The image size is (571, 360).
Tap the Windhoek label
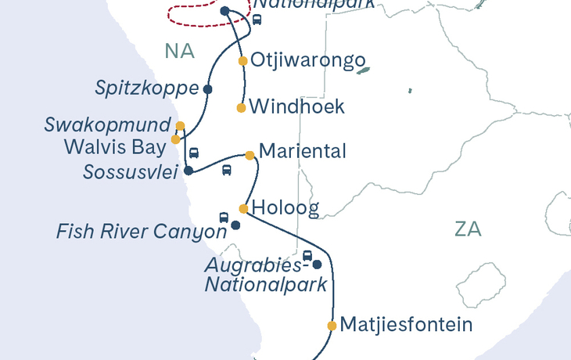(x=298, y=107)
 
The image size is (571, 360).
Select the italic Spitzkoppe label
(x=147, y=89)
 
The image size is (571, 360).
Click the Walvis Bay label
(x=117, y=145)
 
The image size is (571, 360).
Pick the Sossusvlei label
(x=131, y=171)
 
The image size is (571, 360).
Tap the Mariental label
(x=302, y=150)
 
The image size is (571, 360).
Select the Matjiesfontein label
(x=407, y=324)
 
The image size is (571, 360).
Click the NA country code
(x=179, y=52)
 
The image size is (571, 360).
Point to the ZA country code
(x=468, y=229)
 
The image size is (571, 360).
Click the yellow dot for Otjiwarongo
(x=243, y=61)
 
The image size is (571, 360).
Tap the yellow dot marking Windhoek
(x=241, y=108)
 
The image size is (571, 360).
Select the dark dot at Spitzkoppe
(x=207, y=89)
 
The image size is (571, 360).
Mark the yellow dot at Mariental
(x=250, y=155)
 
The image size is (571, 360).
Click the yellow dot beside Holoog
(x=243, y=209)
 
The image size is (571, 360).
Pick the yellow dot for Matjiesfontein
(x=332, y=326)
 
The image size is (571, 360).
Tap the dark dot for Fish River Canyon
(x=235, y=225)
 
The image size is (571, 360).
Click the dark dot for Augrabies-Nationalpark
(x=317, y=265)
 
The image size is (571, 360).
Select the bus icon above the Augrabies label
(x=307, y=256)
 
